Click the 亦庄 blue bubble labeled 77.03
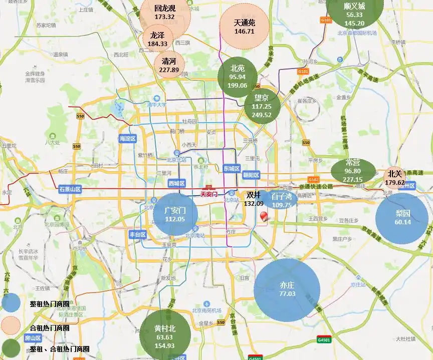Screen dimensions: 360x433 point(287,289)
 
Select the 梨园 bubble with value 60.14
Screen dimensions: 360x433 point(402,218)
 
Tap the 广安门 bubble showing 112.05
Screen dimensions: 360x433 point(175,214)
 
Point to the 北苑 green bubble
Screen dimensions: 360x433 point(238,77)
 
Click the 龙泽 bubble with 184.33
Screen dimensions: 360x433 point(157,39)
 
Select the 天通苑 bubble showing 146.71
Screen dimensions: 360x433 point(245,27)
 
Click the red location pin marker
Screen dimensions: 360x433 point(264,217)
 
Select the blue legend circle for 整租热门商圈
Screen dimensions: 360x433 point(11,303)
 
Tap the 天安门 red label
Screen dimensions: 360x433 point(210,193)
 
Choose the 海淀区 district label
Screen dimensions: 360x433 point(128,139)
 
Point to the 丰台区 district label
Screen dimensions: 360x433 point(137,234)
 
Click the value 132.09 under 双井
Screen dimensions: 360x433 point(253,204)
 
